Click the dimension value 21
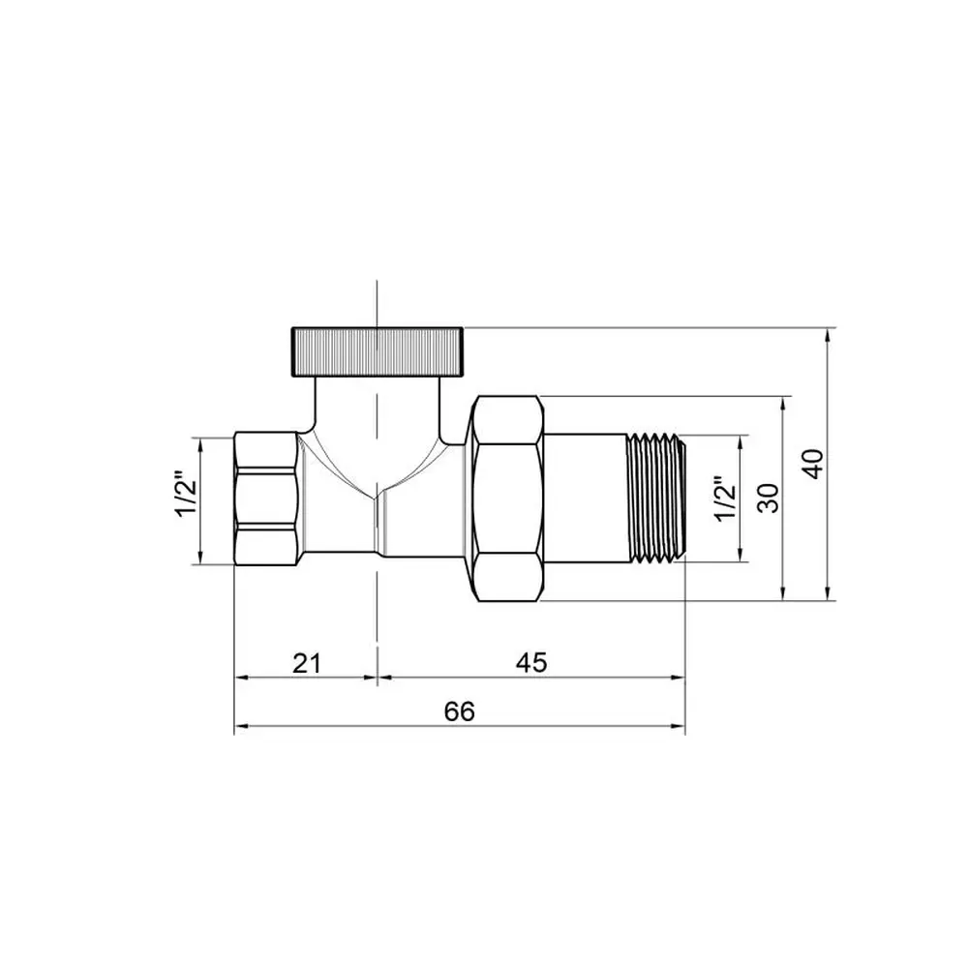click(x=308, y=663)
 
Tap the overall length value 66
click(x=460, y=711)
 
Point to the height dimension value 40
click(x=814, y=465)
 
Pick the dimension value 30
click(x=769, y=499)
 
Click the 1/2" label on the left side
click(x=187, y=495)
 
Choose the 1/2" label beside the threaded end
click(x=726, y=499)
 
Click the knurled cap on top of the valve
click(x=377, y=352)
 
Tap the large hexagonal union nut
click(x=507, y=499)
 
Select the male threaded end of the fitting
click(x=656, y=499)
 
